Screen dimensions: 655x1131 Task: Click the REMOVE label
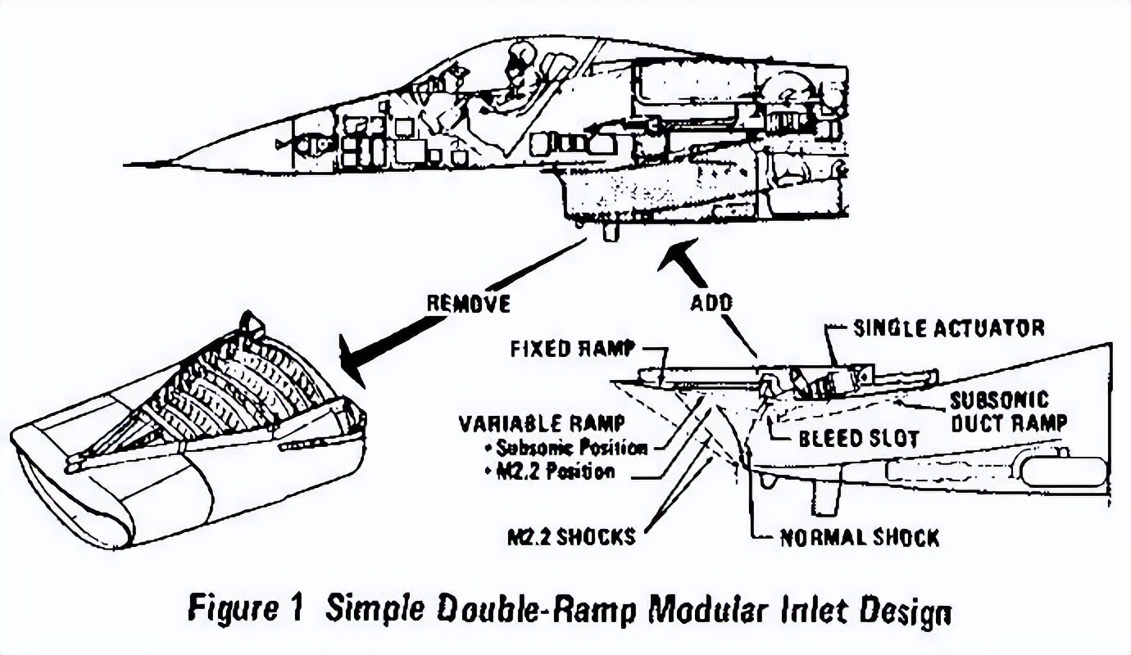[468, 303]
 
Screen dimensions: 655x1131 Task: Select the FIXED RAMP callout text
[572, 348]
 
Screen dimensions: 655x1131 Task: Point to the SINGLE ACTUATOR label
[948, 328]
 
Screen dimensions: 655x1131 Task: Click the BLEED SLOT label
[858, 438]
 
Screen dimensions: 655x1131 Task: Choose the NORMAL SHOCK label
[859, 538]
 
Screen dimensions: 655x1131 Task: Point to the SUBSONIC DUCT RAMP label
[1007, 411]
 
